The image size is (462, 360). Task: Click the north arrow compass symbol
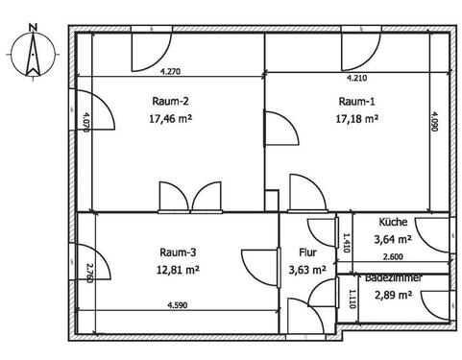[x=32, y=53]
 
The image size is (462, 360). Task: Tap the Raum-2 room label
[x=169, y=103]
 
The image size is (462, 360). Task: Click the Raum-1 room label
[x=357, y=103]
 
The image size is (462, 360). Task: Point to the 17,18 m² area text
[x=357, y=120]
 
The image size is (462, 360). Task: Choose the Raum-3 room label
[x=180, y=252]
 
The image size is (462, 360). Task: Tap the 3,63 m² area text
[x=308, y=272]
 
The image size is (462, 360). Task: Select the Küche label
[x=393, y=222]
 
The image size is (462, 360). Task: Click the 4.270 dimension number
[x=169, y=71]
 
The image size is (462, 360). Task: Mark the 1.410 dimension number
[x=347, y=241]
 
